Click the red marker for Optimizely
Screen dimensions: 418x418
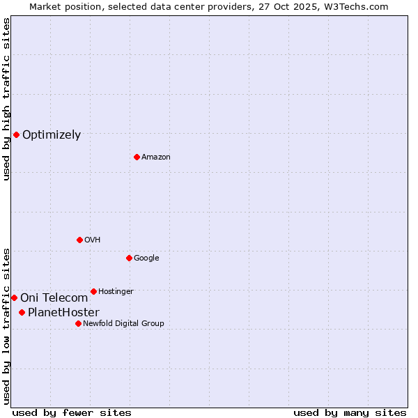pos(16,134)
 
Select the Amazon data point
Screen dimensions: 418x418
pos(137,157)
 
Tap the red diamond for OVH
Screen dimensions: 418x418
pos(79,240)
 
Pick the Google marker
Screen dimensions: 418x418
pos(129,258)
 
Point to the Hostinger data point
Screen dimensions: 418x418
pos(93,291)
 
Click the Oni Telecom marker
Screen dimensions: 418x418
pos(14,297)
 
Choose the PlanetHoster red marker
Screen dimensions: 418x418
pos(22,312)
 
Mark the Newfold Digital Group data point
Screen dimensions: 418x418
pos(78,323)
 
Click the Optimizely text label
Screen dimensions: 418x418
pos(52,135)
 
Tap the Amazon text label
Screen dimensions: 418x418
pos(156,157)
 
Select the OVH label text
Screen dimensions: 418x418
pos(93,240)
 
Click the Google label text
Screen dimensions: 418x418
pos(146,258)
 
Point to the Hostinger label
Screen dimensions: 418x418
pos(116,292)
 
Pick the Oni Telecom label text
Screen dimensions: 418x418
pos(54,298)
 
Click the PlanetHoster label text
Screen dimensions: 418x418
pos(63,313)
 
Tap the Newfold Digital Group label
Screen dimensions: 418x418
pos(123,324)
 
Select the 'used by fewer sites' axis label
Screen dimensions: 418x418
pos(72,412)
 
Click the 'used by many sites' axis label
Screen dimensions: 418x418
pos(350,412)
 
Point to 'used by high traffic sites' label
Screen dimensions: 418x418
pos(6,99)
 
